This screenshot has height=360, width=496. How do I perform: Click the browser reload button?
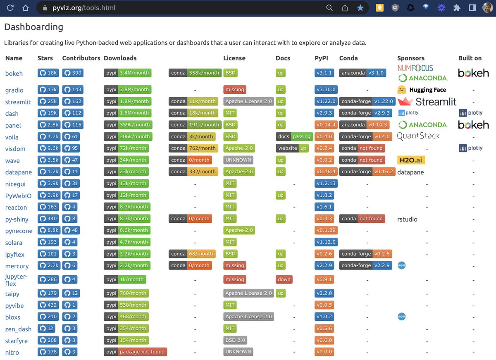(10, 8)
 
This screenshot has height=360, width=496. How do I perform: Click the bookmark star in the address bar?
(360, 8)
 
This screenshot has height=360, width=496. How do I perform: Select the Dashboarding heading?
(33, 27)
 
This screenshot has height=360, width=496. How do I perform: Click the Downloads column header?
(120, 58)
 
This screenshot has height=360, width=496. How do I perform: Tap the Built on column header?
(470, 58)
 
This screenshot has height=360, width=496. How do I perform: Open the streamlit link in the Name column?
(18, 102)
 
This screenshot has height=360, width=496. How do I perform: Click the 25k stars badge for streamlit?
(48, 101)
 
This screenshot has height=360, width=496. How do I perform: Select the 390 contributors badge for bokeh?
(73, 73)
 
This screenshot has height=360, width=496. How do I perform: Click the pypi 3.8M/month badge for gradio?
(127, 89)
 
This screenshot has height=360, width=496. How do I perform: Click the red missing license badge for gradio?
(235, 89)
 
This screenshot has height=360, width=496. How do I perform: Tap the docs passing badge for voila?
(294, 136)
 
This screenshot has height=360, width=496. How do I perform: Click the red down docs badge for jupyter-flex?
(284, 279)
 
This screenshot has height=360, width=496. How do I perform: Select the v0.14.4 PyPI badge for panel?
(326, 124)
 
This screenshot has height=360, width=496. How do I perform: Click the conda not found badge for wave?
(362, 160)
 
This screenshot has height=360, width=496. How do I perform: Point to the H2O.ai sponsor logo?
(411, 160)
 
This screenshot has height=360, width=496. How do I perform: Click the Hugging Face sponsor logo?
(422, 90)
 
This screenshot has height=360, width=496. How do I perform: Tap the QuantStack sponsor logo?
(418, 136)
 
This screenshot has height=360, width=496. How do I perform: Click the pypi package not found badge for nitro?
(135, 352)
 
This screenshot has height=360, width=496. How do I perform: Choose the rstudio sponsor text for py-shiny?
(407, 219)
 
